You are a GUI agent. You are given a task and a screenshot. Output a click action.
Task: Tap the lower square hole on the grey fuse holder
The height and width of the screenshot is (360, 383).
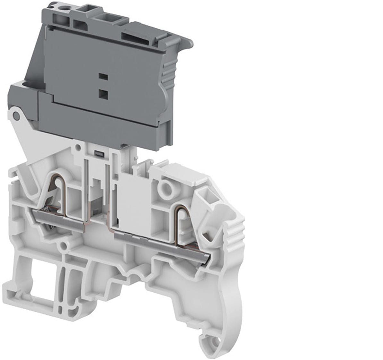[x=103, y=93]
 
